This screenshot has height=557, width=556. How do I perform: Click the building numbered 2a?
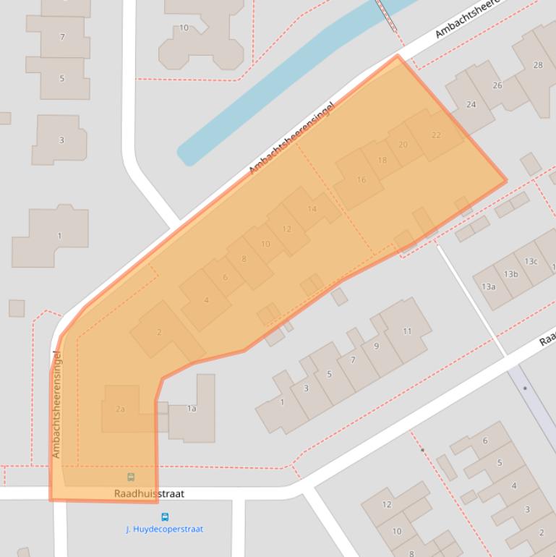click(121, 409)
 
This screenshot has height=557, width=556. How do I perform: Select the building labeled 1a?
click(192, 409)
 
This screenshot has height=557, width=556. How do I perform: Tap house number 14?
click(312, 209)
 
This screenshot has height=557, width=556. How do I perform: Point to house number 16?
click(361, 179)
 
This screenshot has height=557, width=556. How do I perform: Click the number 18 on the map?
click(382, 160)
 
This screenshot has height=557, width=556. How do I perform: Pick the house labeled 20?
click(403, 145)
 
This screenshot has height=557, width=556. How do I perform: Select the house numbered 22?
click(435, 135)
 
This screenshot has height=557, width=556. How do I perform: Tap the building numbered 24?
click(471, 104)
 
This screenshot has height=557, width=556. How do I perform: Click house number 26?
click(497, 85)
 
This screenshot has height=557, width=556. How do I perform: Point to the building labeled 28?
click(537, 65)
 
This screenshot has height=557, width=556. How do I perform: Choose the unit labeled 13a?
click(489, 286)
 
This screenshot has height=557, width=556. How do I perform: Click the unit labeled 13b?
click(511, 274)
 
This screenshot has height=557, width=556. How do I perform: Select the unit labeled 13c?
click(531, 261)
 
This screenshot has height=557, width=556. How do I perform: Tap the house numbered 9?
click(376, 346)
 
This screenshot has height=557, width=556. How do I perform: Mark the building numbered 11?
click(407, 331)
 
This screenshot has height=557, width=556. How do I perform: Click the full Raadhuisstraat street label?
click(149, 494)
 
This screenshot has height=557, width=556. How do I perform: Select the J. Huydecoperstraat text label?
click(165, 529)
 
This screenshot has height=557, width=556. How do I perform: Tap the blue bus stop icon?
click(165, 517)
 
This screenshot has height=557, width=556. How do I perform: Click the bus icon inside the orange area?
click(131, 477)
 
